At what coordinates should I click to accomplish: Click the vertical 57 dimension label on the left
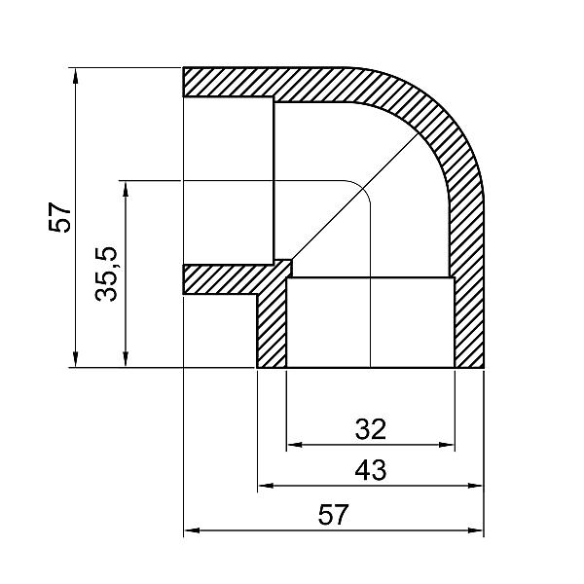tap(60, 217)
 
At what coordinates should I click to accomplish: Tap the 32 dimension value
tap(371, 429)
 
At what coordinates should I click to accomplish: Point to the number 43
tap(371, 470)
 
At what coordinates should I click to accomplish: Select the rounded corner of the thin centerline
tap(361, 189)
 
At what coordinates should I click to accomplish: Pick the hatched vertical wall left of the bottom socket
tap(272, 331)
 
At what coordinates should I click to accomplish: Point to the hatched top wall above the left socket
tap(253, 82)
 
